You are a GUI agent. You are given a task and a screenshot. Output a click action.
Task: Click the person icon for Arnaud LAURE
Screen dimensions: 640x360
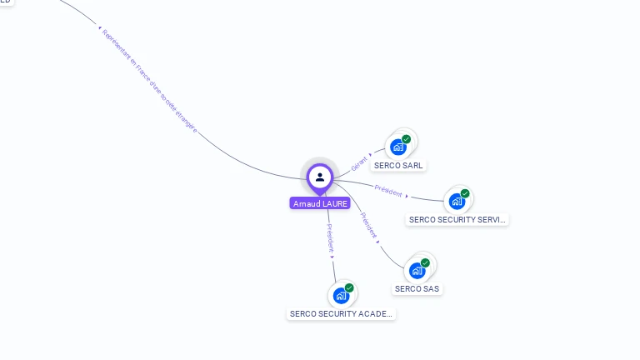320,177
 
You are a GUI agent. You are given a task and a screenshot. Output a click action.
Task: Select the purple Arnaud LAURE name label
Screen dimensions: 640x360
320,203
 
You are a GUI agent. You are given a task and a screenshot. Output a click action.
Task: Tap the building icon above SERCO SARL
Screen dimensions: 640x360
398,147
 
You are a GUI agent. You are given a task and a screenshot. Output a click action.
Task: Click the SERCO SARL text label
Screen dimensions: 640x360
398,166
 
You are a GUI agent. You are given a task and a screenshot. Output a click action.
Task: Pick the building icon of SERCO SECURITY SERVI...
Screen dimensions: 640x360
457,201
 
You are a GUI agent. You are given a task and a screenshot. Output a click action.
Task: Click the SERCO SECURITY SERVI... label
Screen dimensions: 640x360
457,220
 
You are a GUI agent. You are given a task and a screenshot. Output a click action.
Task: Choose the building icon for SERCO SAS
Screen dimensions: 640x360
417,270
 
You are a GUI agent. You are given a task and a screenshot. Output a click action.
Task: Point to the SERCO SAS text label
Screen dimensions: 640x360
417,289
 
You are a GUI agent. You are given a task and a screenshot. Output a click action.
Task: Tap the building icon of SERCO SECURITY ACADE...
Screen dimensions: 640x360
341,295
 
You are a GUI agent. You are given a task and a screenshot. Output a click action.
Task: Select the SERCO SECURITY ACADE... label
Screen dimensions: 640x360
341,314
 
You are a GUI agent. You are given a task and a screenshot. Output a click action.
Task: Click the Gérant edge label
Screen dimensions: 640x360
358,163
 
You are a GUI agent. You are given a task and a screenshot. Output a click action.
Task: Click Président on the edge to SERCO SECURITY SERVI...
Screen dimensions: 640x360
388,190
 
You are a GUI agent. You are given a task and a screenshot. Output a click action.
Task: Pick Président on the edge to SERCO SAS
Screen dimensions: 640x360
367,226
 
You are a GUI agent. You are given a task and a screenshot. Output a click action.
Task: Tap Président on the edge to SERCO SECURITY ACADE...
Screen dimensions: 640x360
330,237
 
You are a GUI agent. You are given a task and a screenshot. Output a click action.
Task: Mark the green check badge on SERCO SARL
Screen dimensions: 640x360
406,139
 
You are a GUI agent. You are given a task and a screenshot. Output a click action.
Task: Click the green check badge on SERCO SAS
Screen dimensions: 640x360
425,262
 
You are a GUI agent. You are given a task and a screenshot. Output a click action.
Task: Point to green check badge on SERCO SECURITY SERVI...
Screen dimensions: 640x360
465,193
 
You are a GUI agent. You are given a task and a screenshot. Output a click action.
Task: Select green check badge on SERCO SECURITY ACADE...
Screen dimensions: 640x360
349,287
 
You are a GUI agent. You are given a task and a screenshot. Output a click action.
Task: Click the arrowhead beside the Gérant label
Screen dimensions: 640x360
371,154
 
